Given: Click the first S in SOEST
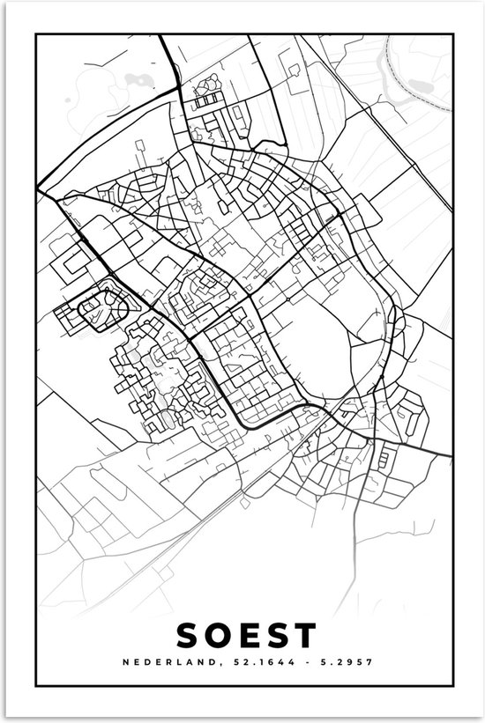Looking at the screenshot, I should (x=189, y=635).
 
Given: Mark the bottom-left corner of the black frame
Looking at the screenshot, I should (x=35, y=684).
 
